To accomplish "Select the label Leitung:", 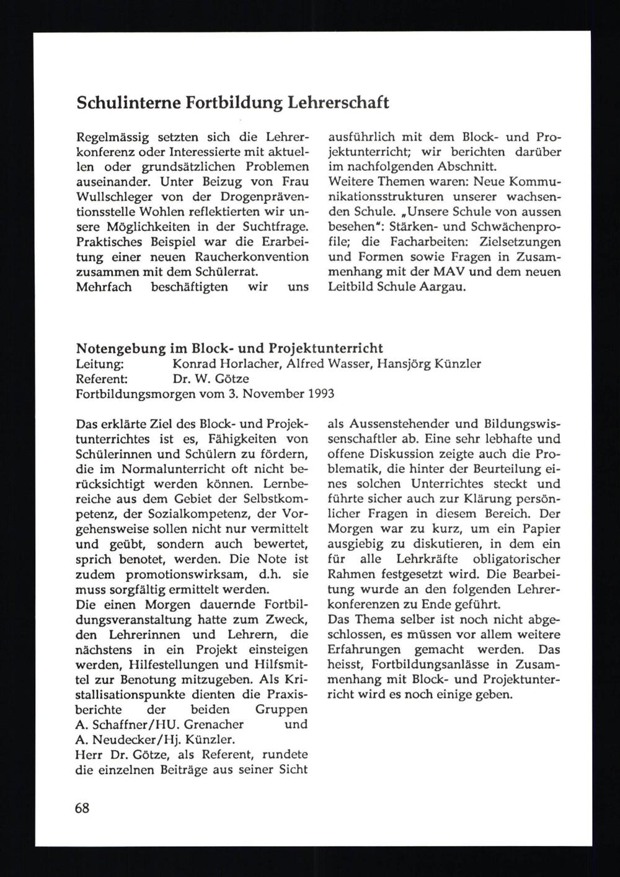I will pos(102,364).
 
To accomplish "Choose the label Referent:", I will pos(102,378).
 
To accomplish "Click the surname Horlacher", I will pos(252,364).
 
